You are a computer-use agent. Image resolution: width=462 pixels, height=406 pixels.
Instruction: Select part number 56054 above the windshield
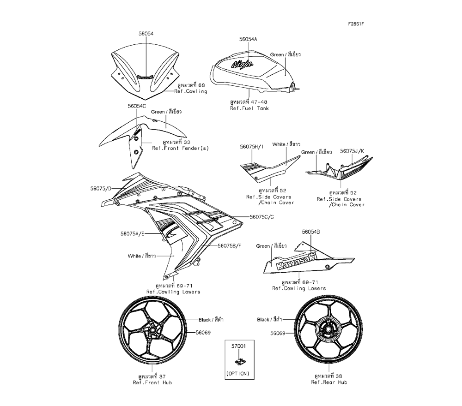coord(146,34)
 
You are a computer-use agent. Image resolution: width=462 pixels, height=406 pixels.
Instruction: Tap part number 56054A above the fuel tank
coord(248,40)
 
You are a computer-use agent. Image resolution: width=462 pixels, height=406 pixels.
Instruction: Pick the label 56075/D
coord(101,188)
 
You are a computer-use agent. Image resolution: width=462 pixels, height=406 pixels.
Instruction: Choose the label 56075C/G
coord(261,216)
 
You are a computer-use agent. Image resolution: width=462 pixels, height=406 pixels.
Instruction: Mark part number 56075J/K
coord(352,151)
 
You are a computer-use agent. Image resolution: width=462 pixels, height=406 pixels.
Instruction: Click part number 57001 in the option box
coord(238,345)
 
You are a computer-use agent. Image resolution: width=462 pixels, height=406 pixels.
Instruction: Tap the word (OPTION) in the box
coord(238,373)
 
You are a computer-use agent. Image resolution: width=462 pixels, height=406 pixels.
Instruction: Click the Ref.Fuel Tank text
coord(249,108)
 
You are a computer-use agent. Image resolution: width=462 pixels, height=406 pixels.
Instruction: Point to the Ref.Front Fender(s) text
coord(181,148)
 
